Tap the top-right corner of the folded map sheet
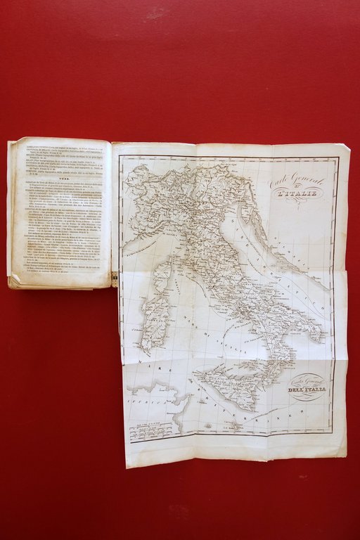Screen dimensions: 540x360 (x=348, y=146)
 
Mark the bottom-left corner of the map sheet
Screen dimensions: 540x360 (x=127, y=465)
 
